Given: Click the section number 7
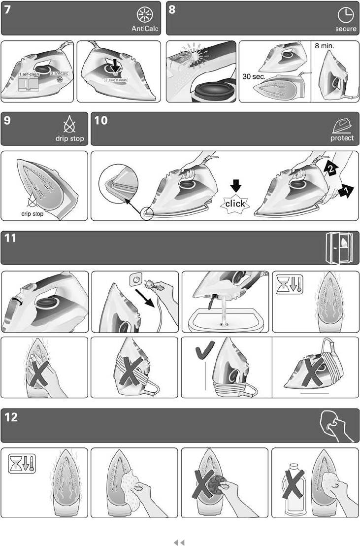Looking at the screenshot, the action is pos(7,10).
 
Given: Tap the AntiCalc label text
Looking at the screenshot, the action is pos(145,29).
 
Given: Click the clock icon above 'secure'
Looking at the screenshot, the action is pos(346,15).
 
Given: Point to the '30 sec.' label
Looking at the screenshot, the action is pos(254,76).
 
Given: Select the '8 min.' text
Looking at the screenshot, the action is pos(325,46).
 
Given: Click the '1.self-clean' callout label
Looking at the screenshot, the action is pos(29,74).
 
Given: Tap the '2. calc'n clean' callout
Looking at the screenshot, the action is pos(116,80).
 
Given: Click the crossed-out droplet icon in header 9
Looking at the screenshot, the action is pos(69,124).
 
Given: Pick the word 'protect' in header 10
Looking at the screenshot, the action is pos(342,138).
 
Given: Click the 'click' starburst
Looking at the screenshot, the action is pos(235,204).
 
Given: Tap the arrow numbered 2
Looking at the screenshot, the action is pos(331,168).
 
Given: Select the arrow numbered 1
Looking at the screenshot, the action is pos(346,191).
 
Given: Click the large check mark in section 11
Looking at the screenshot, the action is pos(204,350).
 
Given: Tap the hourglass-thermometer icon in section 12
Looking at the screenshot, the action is pos(22,463).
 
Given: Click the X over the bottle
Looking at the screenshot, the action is pos(295,484).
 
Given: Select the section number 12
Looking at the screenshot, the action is pos(11,417).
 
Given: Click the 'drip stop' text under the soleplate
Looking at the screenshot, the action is pos(33,213).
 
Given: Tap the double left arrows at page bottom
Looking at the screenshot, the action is pos(179,543).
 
